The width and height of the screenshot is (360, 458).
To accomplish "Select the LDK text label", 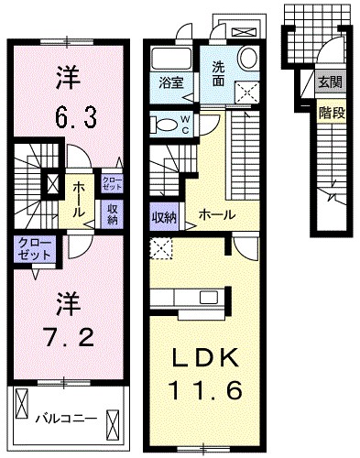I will [206, 356].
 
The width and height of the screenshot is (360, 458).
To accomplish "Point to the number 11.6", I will [206, 392].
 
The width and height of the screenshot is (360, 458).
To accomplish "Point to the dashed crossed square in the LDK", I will [161, 246].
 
